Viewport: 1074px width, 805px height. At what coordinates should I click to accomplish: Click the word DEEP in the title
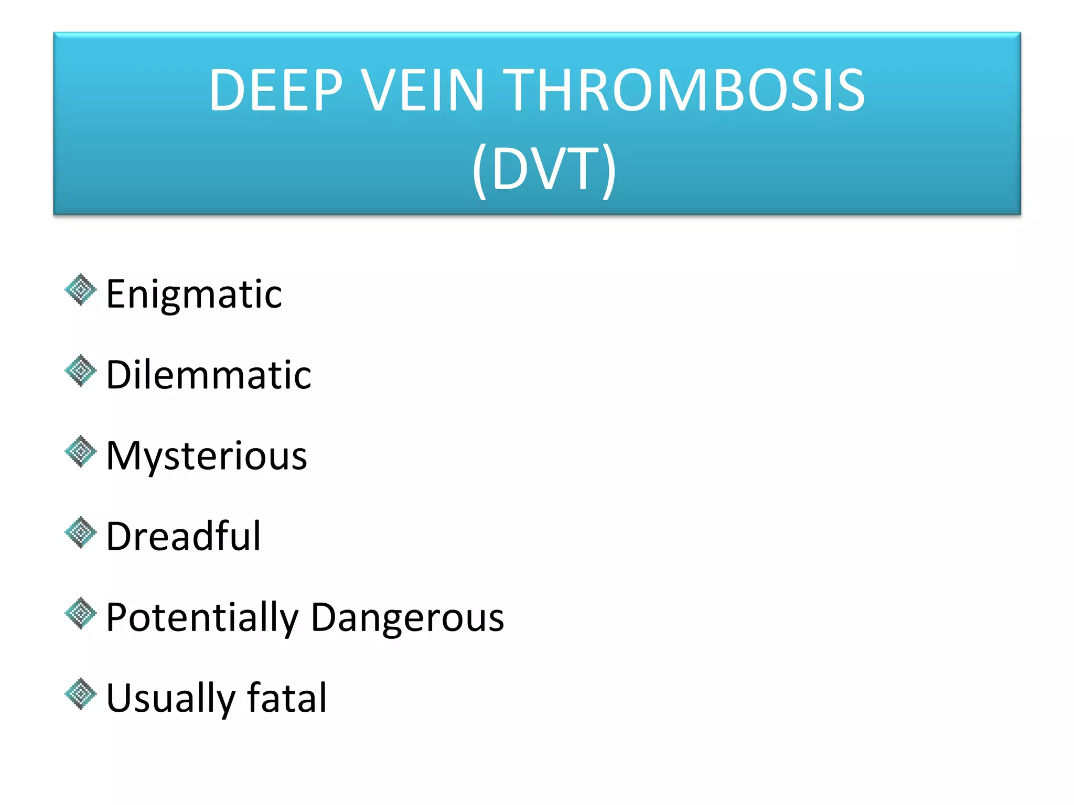[x=276, y=90]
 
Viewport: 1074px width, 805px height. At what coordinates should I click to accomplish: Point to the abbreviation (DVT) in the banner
[x=544, y=169]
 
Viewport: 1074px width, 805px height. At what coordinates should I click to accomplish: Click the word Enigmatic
[x=194, y=295]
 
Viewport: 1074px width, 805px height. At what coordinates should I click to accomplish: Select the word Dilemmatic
[x=209, y=375]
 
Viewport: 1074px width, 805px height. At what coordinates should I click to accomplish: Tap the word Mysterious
[x=207, y=456]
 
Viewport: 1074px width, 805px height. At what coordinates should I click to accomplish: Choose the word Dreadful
[x=184, y=537]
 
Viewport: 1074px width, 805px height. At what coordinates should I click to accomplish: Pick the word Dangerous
[x=407, y=617]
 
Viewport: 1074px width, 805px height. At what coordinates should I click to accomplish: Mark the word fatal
[x=287, y=698]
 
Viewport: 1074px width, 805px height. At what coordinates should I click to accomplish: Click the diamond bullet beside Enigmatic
[x=81, y=290]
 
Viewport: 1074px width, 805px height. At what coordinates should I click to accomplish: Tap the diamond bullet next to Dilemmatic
[x=81, y=371]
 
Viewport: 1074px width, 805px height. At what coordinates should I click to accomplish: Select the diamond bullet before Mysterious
[x=81, y=451]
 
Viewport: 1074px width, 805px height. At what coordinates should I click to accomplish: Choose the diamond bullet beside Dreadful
[x=81, y=532]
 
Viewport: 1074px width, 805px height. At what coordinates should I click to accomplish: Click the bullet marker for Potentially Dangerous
[x=81, y=613]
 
